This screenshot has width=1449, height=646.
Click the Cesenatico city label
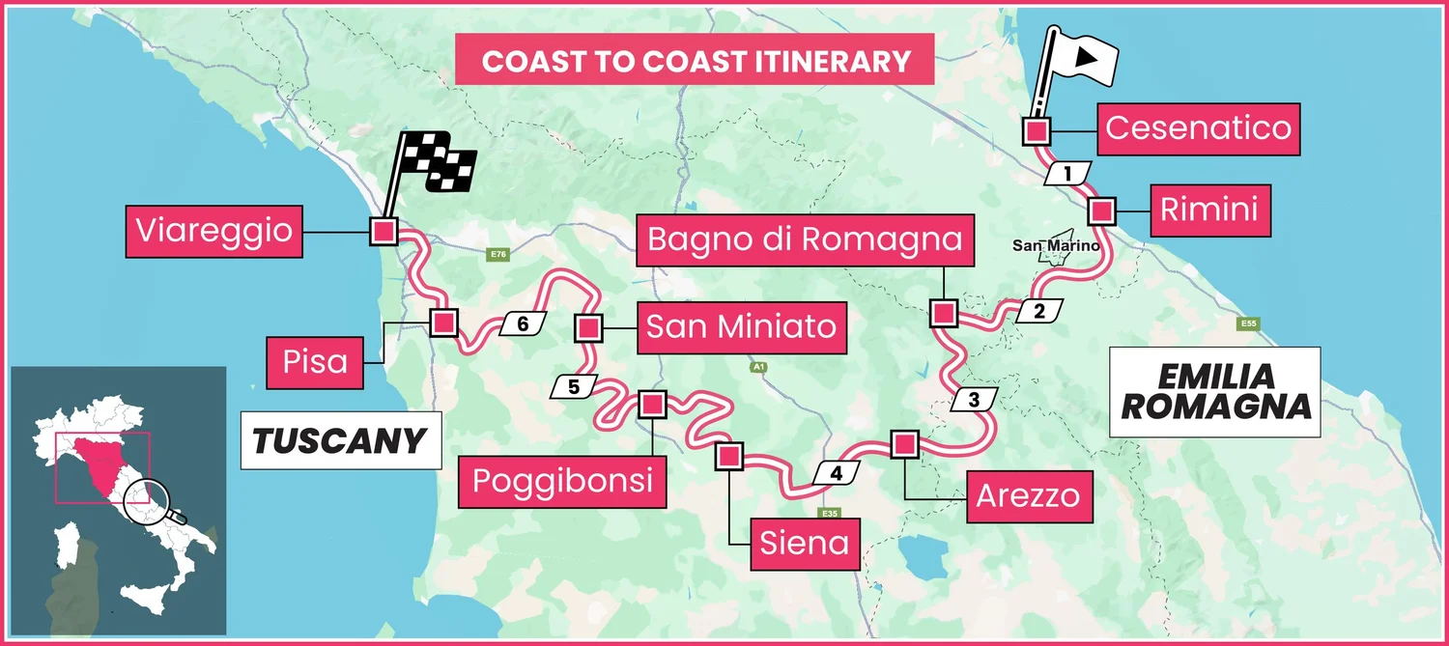coord(1198,128)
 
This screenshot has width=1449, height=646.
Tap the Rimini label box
coord(1208,210)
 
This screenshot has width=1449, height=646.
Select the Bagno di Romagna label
coord(805,239)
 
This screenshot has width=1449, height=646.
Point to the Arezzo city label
coord(1027,496)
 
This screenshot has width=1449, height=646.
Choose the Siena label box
coord(805,543)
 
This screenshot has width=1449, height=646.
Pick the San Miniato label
coord(741,326)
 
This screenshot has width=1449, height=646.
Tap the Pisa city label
coord(316,362)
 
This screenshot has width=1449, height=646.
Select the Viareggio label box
coord(213,231)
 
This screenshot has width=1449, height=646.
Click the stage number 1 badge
coord(1067,175)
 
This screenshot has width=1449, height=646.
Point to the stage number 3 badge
coord(973,400)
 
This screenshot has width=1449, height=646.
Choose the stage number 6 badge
coord(523,324)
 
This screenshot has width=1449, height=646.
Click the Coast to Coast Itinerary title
coord(696,62)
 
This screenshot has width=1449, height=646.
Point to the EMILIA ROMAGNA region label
coord(1215,391)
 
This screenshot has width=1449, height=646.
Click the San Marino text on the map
coord(1056,245)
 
